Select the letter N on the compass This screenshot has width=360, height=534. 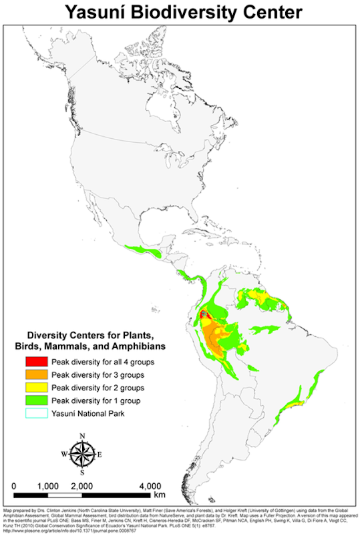click(x=82, y=437)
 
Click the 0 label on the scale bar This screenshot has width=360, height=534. click(x=14, y=485)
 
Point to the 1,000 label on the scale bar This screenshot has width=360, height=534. click(x=48, y=485)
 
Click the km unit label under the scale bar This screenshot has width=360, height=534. click(x=160, y=495)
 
